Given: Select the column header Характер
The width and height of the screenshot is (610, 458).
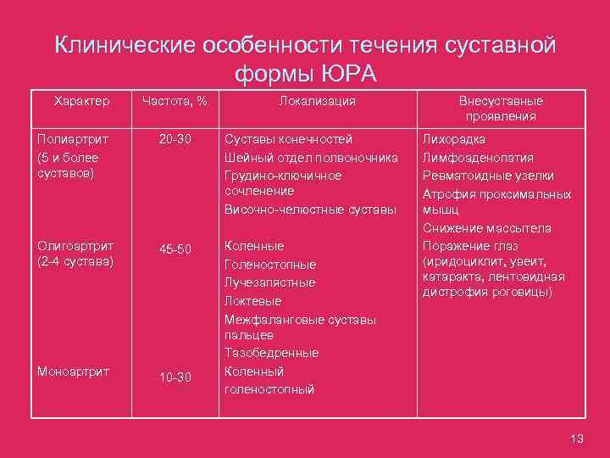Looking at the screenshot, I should [81, 101].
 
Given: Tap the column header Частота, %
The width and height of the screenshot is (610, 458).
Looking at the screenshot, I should [175, 101].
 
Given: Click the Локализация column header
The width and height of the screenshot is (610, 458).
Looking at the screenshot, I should [317, 101].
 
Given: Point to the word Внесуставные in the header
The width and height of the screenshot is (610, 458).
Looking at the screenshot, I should [500, 101].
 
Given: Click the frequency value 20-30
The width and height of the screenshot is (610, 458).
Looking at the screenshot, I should [175, 139].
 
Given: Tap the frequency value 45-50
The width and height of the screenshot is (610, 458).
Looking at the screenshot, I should [175, 249].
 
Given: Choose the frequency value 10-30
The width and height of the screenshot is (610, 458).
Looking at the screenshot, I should [175, 377].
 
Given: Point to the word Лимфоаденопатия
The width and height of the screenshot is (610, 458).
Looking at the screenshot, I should [476, 157].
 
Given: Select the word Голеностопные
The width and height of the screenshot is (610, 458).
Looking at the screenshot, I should [269, 264].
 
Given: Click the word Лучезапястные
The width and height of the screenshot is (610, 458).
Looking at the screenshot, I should [269, 282].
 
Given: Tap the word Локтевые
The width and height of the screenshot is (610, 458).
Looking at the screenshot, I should [252, 301].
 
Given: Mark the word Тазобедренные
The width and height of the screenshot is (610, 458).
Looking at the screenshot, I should [271, 353].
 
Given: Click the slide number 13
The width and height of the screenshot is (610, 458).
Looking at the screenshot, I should [578, 438].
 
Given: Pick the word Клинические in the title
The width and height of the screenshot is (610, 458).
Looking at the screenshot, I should [122, 45].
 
